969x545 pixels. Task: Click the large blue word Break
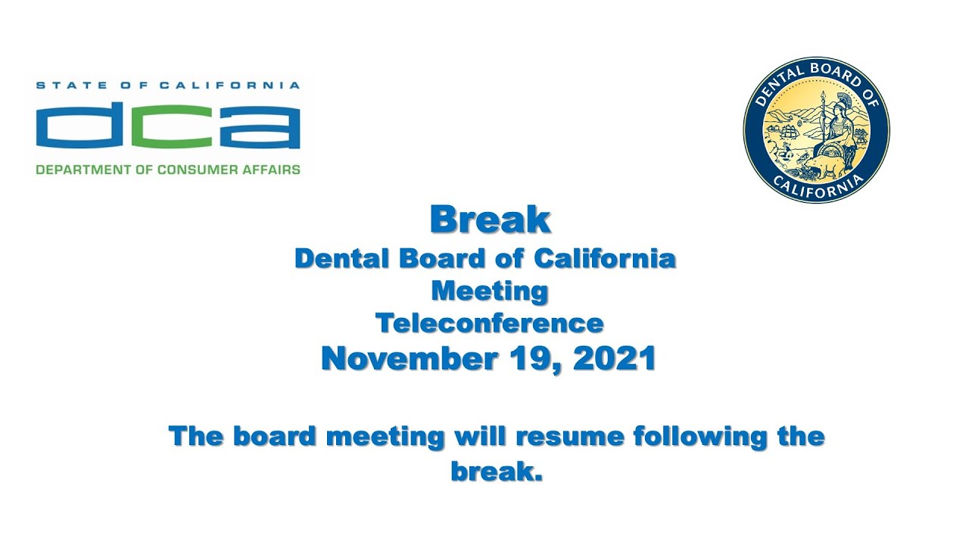(x=490, y=220)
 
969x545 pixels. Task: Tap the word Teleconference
(x=490, y=324)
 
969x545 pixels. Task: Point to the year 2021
(x=614, y=358)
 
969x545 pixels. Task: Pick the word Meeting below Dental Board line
(x=490, y=291)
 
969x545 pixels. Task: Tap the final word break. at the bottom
(x=497, y=472)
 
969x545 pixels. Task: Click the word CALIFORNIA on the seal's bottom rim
(x=817, y=188)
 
